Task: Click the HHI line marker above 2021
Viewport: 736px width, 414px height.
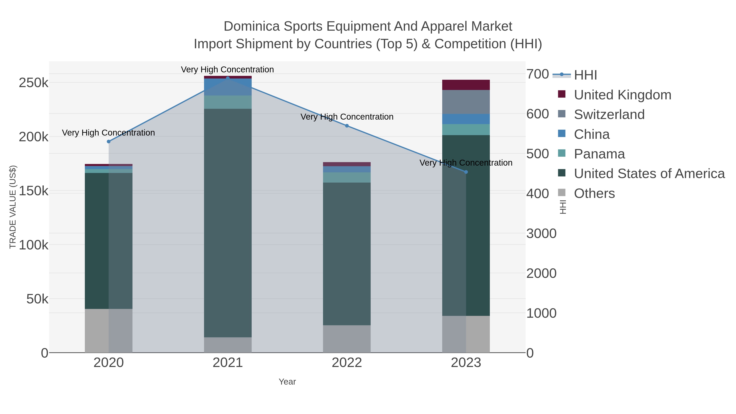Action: tap(228, 78)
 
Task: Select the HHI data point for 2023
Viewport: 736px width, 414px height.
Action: tap(466, 172)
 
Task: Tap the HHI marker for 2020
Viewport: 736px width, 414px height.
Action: tap(109, 141)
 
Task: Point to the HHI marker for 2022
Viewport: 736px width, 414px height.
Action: tap(347, 126)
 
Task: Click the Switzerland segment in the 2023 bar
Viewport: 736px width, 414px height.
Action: tap(466, 102)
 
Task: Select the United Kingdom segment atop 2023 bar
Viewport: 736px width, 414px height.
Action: tap(466, 85)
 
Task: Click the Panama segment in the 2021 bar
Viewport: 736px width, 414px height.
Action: tap(228, 102)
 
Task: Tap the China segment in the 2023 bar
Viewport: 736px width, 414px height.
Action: tap(466, 119)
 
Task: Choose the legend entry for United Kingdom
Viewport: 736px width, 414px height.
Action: tap(622, 95)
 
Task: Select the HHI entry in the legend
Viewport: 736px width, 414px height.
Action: tap(585, 75)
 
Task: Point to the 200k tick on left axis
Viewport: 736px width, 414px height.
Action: tap(34, 137)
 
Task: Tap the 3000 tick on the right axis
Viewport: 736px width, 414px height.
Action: tap(541, 234)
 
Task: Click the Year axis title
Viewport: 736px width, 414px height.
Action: tap(287, 382)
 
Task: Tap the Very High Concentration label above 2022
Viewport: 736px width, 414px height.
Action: tap(347, 117)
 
